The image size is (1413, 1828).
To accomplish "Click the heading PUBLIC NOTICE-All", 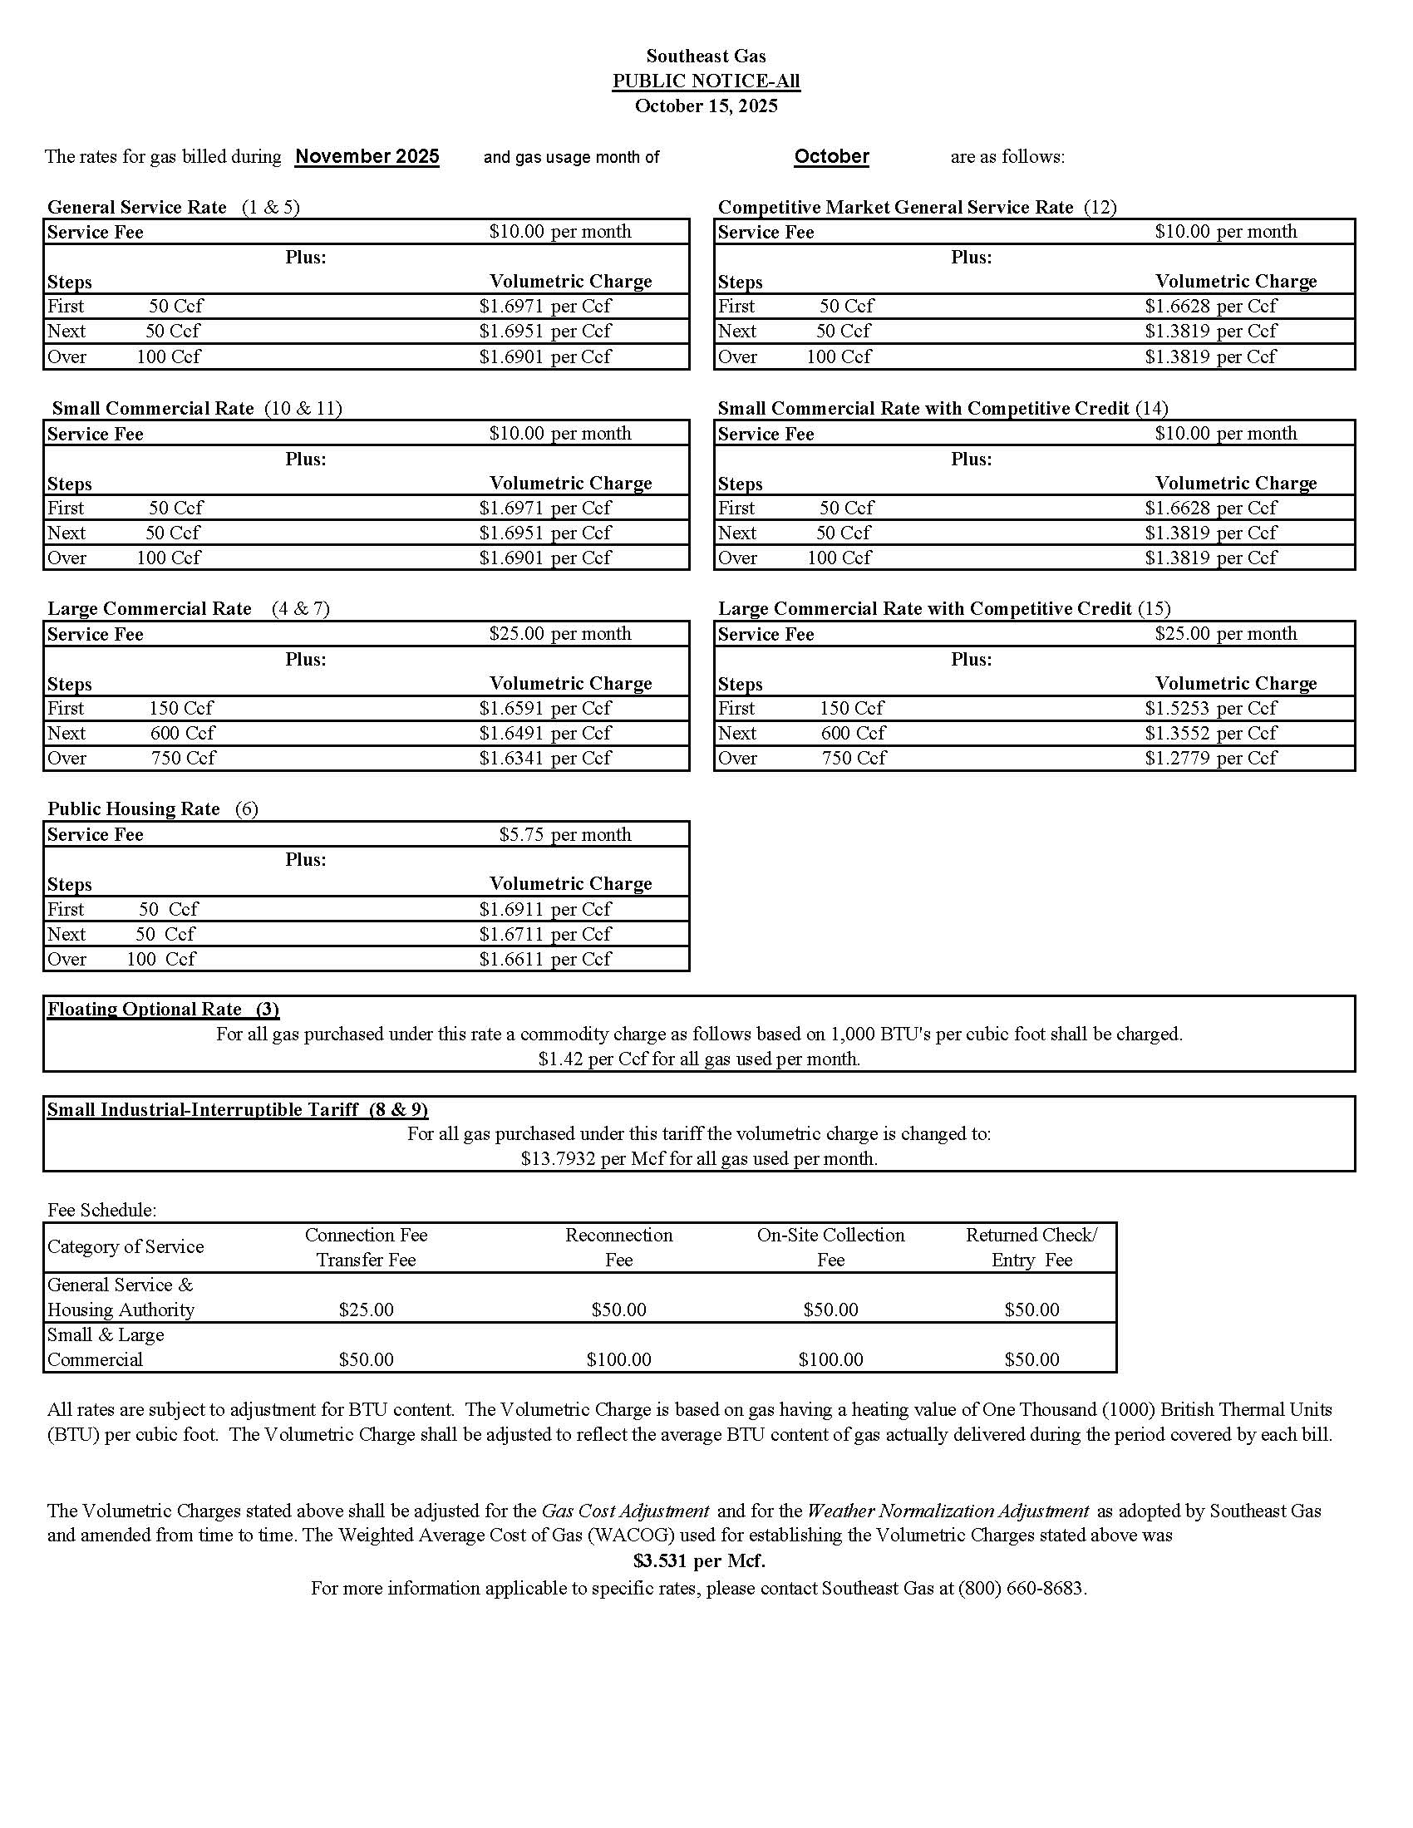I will [x=706, y=81].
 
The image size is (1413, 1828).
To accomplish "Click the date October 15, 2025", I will [x=706, y=106].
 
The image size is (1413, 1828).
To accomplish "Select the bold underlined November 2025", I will [x=367, y=156].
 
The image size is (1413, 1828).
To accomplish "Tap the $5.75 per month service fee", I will [x=565, y=834].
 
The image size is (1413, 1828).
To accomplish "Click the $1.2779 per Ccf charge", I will [x=1210, y=759].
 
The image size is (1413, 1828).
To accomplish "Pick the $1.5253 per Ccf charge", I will [x=1210, y=708].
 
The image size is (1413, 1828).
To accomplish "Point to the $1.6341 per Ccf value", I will [x=545, y=759].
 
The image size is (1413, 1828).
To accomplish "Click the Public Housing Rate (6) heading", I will [x=152, y=808].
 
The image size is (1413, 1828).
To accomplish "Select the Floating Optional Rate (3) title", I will [x=163, y=1010].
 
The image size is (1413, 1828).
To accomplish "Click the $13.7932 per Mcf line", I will [x=699, y=1159].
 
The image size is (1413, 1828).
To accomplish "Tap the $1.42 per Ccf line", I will [x=699, y=1059].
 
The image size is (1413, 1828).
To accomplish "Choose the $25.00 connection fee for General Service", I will [x=366, y=1310].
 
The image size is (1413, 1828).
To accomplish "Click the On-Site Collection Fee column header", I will [x=830, y=1247].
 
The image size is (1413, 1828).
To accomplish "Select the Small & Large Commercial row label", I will [x=106, y=1348].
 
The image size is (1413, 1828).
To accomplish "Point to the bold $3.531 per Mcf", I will [x=699, y=1561].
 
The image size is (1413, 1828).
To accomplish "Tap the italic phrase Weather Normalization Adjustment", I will [x=948, y=1511].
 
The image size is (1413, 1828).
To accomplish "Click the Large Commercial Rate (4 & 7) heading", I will [x=189, y=608].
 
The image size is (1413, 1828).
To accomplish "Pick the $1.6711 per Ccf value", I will [x=545, y=934].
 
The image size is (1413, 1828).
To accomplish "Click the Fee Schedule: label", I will [x=102, y=1211].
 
